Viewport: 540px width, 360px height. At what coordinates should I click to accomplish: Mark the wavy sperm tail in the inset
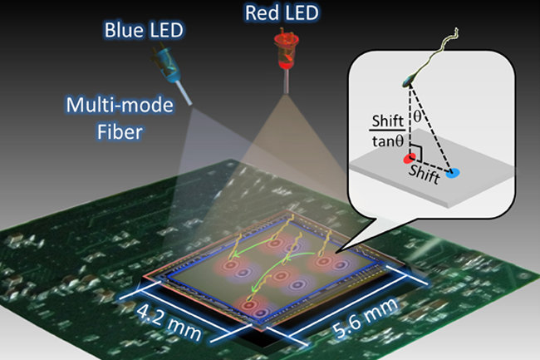(444, 49)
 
